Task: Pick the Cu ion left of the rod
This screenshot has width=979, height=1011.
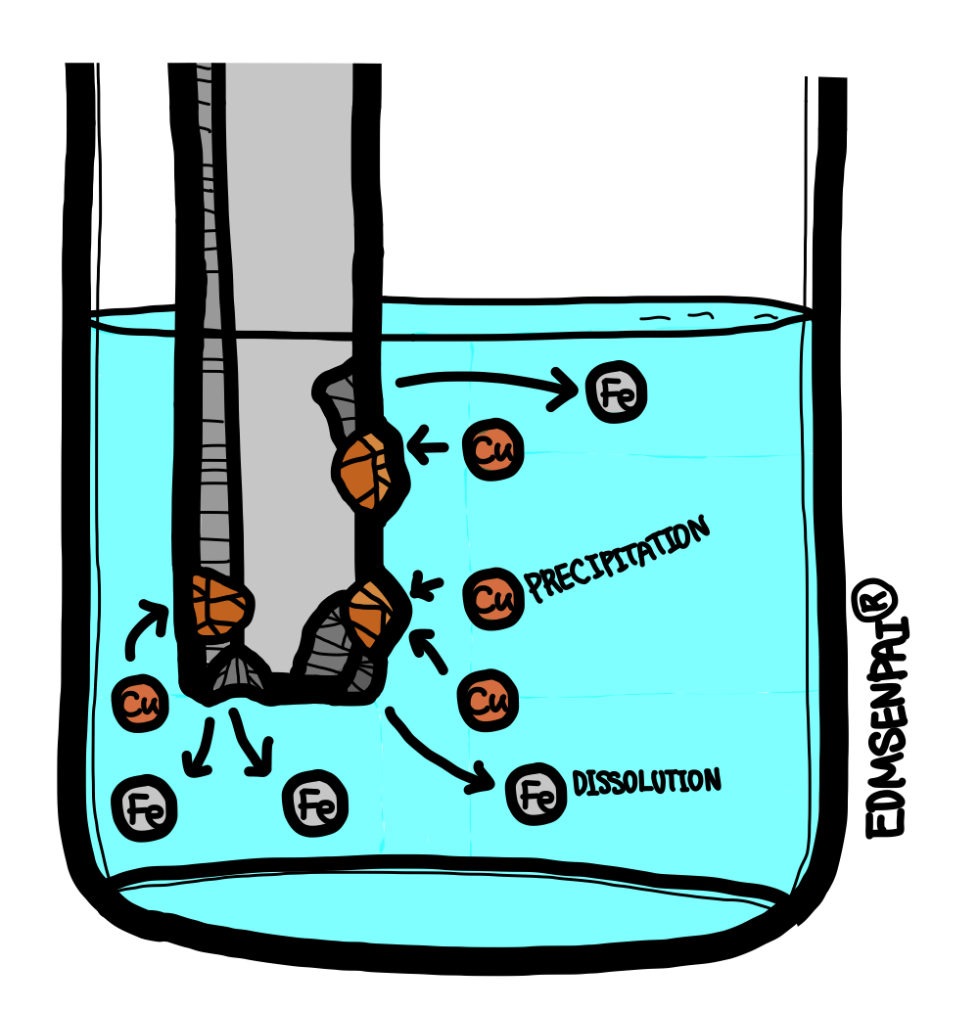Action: click(x=143, y=703)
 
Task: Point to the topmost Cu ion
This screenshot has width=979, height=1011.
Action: click(x=492, y=449)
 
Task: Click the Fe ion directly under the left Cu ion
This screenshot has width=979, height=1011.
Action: click(x=144, y=807)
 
